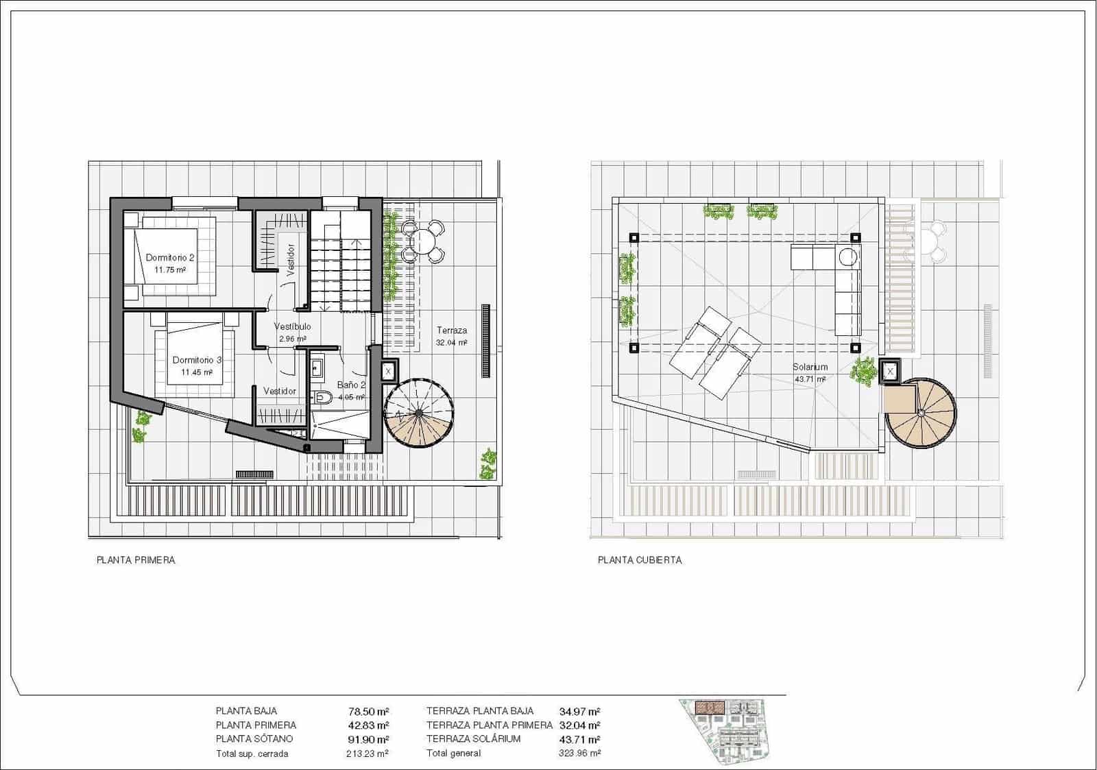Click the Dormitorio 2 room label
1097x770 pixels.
(170, 258)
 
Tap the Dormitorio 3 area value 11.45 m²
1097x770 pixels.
(196, 372)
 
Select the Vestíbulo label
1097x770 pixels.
(292, 326)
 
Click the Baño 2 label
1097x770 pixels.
(351, 385)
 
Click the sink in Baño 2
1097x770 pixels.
(316, 368)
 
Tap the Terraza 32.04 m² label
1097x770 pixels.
(452, 337)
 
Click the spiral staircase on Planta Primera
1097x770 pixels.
(419, 413)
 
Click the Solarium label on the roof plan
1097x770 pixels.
(810, 368)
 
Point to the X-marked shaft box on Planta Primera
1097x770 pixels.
(388, 371)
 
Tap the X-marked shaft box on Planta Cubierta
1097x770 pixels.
(890, 371)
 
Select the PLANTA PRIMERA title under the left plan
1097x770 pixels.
(136, 560)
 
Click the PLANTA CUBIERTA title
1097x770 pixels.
(640, 560)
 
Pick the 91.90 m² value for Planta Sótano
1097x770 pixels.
(368, 739)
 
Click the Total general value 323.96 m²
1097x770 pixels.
(579, 754)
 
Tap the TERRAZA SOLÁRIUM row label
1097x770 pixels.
(473, 739)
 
